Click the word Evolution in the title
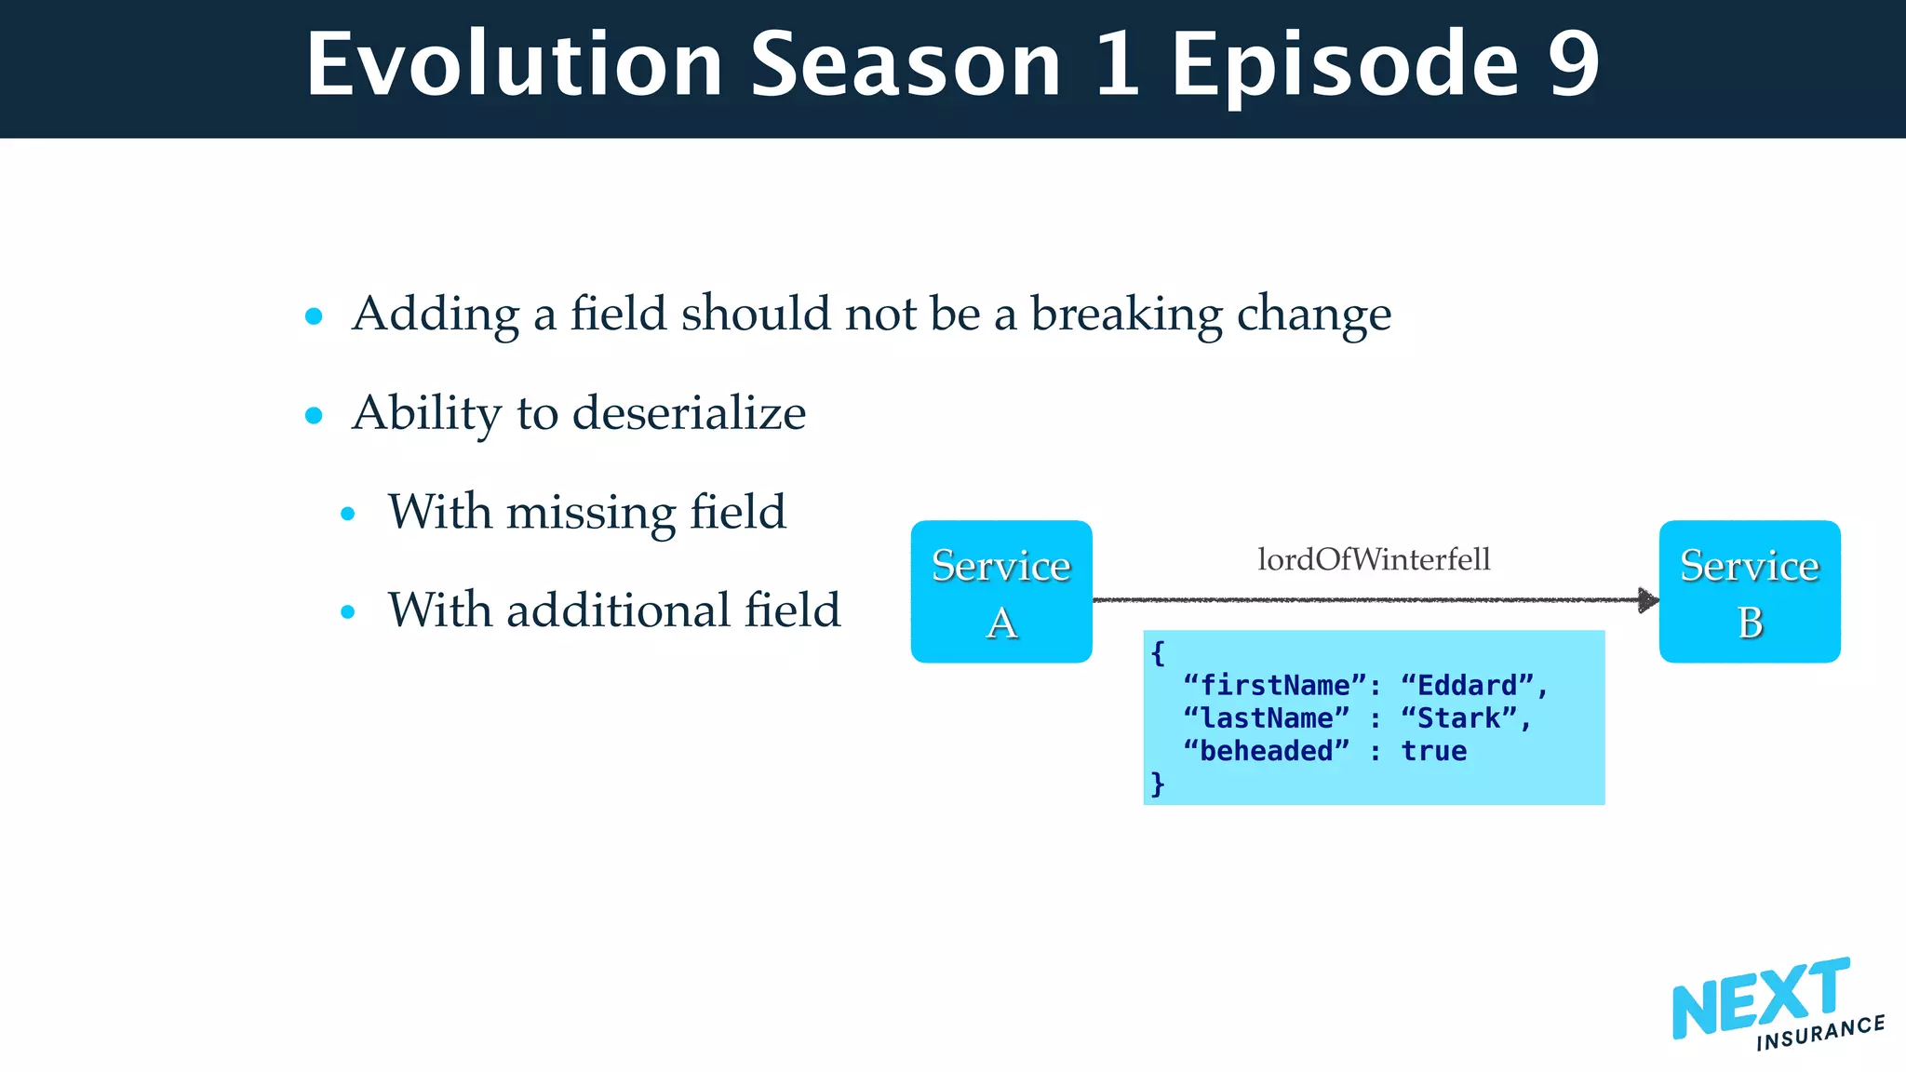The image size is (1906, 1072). click(x=514, y=64)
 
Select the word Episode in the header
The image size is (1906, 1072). click(x=1345, y=64)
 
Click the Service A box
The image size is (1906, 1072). click(x=1000, y=592)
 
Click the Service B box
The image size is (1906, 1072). click(x=1749, y=592)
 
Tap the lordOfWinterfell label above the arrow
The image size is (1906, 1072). click(x=1374, y=559)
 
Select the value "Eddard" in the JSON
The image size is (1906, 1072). click(x=1467, y=686)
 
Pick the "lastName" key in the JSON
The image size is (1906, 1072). click(x=1266, y=718)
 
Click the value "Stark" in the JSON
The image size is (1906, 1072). click(x=1458, y=718)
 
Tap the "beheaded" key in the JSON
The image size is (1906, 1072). click(x=1266, y=751)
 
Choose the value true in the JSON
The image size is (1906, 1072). click(x=1433, y=751)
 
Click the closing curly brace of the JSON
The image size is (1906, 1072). click(x=1157, y=784)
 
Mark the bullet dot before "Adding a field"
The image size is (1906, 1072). click(x=314, y=316)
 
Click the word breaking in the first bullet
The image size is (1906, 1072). click(x=1126, y=315)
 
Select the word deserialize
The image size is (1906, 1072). click(x=689, y=413)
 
